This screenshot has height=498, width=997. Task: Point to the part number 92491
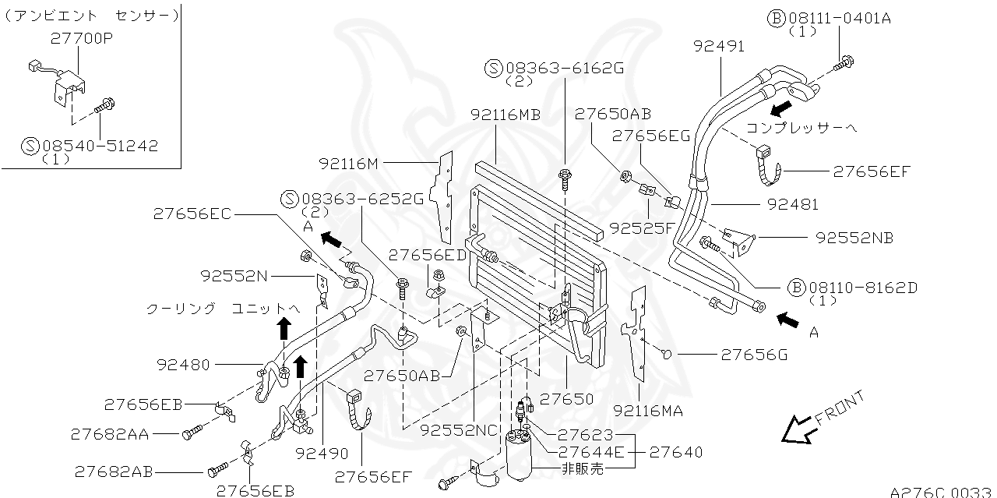[718, 46]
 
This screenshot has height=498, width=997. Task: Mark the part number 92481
[792, 205]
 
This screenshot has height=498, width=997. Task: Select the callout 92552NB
[854, 237]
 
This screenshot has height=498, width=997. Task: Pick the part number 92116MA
[647, 411]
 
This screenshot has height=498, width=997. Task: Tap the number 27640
[675, 451]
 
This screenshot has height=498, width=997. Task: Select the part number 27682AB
[114, 472]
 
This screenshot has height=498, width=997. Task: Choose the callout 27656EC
[192, 213]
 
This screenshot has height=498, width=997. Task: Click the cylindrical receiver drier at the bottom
[518, 456]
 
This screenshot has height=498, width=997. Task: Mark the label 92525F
[643, 228]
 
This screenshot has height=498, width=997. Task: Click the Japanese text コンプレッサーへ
[801, 127]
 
